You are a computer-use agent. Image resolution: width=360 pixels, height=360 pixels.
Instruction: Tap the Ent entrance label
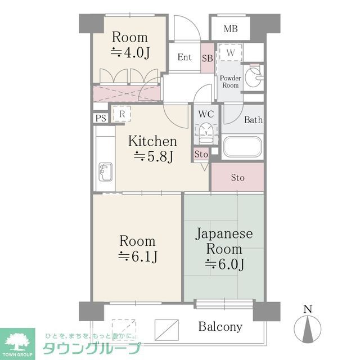(184, 57)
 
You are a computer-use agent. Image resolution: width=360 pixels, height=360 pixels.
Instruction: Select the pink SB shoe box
(207, 58)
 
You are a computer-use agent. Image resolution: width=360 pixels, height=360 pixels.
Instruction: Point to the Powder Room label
(230, 82)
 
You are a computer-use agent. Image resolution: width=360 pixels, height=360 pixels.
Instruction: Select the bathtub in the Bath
(243, 147)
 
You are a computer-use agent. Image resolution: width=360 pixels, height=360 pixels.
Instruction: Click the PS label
(101, 118)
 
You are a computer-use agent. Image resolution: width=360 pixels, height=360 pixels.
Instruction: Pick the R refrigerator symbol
(122, 114)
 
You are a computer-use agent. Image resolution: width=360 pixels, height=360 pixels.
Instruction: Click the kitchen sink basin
(105, 169)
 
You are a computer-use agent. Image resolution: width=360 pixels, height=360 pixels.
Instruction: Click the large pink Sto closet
(238, 178)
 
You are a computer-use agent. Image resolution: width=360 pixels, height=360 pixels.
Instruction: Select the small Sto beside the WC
(201, 154)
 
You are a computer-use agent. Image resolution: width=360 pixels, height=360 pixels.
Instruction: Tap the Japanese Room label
(223, 241)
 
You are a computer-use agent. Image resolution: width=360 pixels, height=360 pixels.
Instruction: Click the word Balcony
(220, 326)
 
